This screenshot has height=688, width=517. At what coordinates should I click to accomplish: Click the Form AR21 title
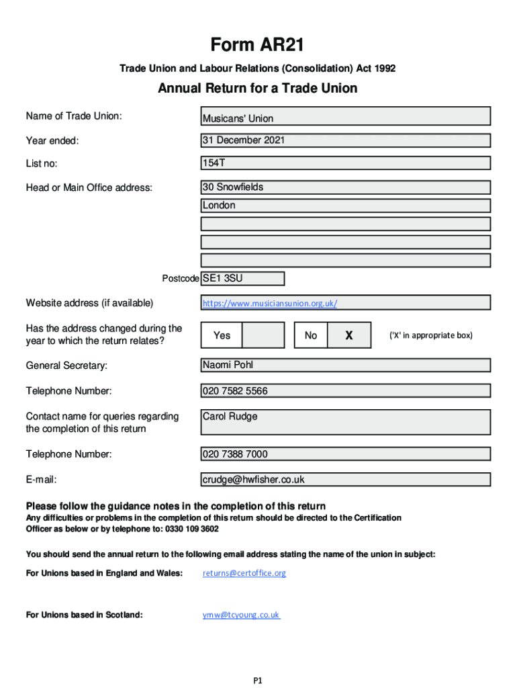pyautogui.click(x=258, y=46)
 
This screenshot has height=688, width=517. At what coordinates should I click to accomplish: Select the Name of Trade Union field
pyautogui.click(x=346, y=118)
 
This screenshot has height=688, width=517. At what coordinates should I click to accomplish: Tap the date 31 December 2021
pyautogui.click(x=244, y=140)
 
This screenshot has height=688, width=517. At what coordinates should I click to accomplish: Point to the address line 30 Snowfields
pyautogui.click(x=233, y=187)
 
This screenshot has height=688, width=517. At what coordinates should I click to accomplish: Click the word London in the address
pyautogui.click(x=219, y=206)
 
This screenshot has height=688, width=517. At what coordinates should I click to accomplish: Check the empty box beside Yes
pyautogui.click(x=263, y=335)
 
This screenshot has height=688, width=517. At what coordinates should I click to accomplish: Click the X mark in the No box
pyautogui.click(x=348, y=335)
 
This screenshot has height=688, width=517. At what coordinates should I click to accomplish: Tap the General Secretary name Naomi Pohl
pyautogui.click(x=228, y=365)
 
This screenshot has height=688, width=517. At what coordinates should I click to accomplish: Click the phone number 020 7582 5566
pyautogui.click(x=235, y=391)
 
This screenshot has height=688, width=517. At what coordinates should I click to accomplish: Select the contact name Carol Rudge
pyautogui.click(x=230, y=417)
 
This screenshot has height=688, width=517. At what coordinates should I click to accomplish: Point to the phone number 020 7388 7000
pyautogui.click(x=235, y=454)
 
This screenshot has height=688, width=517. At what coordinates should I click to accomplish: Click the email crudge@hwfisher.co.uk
pyautogui.click(x=254, y=480)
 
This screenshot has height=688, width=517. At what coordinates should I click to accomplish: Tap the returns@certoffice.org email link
pyautogui.click(x=244, y=573)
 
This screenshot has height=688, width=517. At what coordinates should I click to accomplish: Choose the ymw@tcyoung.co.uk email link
pyautogui.click(x=241, y=615)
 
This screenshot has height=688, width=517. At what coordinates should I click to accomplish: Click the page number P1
pyautogui.click(x=258, y=680)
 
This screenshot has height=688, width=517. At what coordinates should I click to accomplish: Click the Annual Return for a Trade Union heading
pyautogui.click(x=258, y=89)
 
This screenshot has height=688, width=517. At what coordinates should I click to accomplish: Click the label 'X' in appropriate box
pyautogui.click(x=431, y=335)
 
